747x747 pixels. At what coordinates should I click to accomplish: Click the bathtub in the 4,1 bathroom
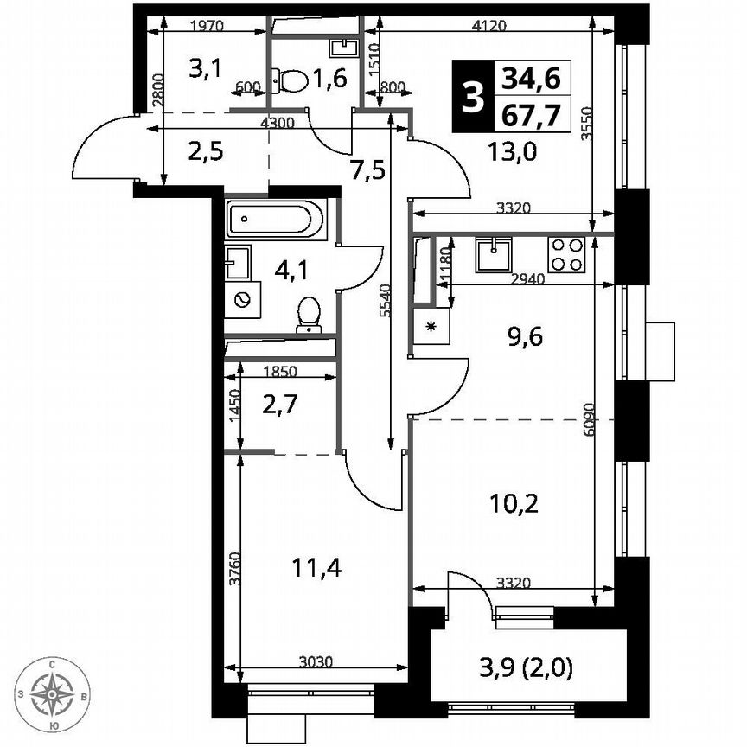click(x=276, y=220)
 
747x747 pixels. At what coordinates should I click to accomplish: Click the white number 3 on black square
click(x=472, y=96)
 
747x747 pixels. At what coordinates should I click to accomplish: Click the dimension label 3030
click(x=316, y=663)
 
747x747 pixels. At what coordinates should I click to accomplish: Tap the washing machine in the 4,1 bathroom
click(x=242, y=299)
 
